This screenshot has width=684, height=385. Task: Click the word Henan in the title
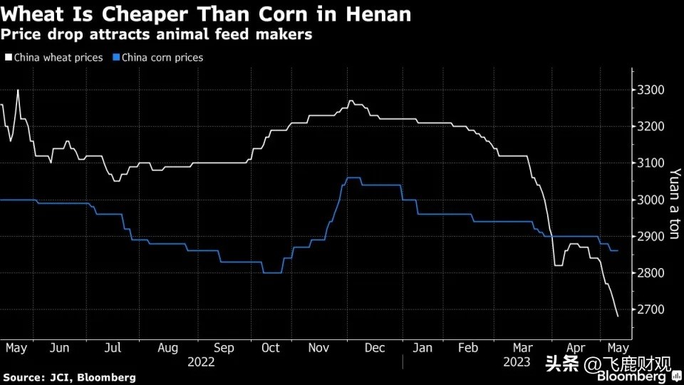coord(376,14)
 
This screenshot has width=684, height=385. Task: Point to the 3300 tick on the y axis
coord(650,90)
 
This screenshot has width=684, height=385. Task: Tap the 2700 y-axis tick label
coord(650,309)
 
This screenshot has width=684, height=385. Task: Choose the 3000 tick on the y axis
coord(650,200)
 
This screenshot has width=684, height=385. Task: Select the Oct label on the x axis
coord(271,348)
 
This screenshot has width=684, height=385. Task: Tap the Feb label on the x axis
coord(467,348)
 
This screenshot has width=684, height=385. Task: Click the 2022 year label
coord(202,362)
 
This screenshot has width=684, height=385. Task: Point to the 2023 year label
coord(517,362)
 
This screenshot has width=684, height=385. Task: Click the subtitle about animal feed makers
coord(156,34)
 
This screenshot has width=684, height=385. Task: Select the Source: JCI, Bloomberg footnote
coord(69,376)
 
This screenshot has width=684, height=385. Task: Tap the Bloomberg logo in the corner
coord(634,376)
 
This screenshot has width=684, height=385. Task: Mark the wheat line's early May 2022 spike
coord(18,91)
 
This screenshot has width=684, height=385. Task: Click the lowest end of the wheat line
coord(617,316)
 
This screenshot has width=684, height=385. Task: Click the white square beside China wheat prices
coord(8,58)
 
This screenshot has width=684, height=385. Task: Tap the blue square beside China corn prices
coord(117,58)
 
